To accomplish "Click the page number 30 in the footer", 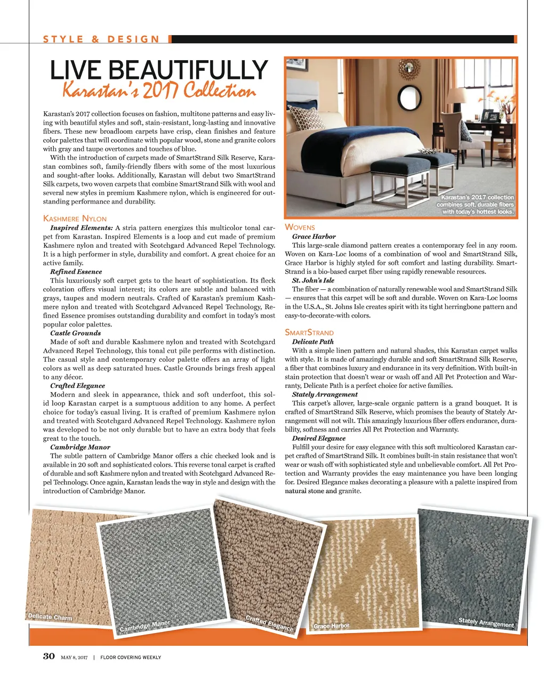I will [x=49, y=656].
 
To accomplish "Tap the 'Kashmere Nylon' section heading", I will [x=75, y=218].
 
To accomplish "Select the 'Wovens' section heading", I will [x=300, y=227].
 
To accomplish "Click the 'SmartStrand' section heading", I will [x=309, y=333].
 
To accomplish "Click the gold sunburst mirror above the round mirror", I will [x=408, y=68].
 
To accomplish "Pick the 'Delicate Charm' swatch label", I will [x=50, y=617].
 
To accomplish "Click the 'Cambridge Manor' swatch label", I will [x=144, y=626].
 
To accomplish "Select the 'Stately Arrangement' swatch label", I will [x=486, y=622].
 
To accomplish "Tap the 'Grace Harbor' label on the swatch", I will [x=331, y=626].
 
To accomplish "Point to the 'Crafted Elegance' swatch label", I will [x=269, y=623].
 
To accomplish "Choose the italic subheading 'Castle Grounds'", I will [x=75, y=333].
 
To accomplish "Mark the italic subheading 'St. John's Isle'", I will [x=313, y=280].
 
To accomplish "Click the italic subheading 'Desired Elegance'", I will [x=318, y=439].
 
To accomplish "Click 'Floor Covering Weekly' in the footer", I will [x=131, y=658].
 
